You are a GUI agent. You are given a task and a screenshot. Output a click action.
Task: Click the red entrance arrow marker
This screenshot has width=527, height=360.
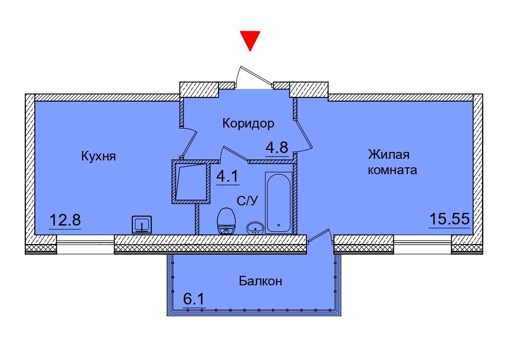pyautogui.click(x=250, y=40)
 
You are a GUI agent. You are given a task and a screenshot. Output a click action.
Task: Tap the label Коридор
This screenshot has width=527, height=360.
pyautogui.click(x=248, y=124)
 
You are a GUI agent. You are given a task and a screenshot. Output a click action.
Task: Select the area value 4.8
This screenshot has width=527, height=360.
pyautogui.click(x=277, y=147)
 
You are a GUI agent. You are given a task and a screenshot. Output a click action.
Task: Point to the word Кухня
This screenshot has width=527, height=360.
pyautogui.click(x=98, y=156)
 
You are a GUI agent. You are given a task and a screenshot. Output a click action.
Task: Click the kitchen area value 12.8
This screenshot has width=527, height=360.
pyautogui.click(x=65, y=220)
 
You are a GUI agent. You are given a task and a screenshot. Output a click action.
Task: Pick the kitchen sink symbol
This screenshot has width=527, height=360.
pyautogui.click(x=141, y=224)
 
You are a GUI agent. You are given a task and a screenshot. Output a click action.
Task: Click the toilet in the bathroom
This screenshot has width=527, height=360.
pyautogui.click(x=226, y=221)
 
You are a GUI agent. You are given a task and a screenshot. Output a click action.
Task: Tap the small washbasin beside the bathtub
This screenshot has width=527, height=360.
pyautogui.click(x=256, y=228)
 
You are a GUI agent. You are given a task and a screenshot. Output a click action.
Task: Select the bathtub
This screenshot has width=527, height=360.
pyautogui.click(x=279, y=203)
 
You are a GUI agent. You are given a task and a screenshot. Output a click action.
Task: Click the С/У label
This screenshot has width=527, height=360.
pyautogui.click(x=248, y=201)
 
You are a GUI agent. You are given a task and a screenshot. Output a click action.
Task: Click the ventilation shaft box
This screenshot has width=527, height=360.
pyautogui.click(x=191, y=182)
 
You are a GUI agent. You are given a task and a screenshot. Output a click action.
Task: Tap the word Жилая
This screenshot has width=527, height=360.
pyautogui.click(x=388, y=155)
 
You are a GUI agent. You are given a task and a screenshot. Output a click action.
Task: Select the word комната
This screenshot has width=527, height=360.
pyautogui.click(x=393, y=170)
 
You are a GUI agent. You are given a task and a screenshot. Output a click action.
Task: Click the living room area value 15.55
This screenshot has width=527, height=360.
pyautogui.click(x=449, y=219)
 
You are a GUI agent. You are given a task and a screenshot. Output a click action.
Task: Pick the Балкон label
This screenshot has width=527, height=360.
pyautogui.click(x=260, y=281)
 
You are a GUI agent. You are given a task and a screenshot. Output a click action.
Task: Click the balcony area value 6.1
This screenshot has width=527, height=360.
pyautogui.click(x=194, y=298)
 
